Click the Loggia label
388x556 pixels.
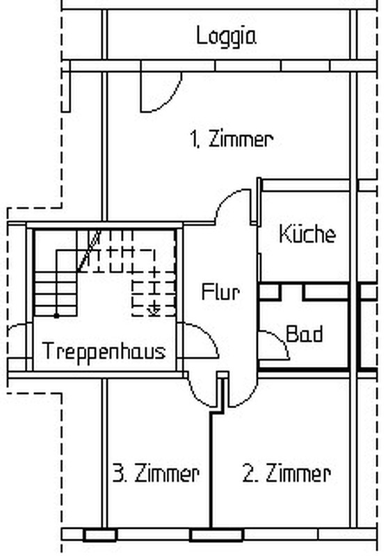coord(226,37)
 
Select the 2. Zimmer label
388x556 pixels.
coord(286,473)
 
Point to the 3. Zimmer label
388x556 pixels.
coord(156,473)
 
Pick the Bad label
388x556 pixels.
coord(305,334)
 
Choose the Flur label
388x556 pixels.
coord(220,292)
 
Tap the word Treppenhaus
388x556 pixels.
coord(104,351)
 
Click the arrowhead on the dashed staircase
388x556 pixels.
coord(154,311)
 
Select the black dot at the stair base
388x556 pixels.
coord(56,316)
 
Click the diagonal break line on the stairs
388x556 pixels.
coord(89,251)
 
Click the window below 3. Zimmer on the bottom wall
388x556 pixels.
coord(100,534)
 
